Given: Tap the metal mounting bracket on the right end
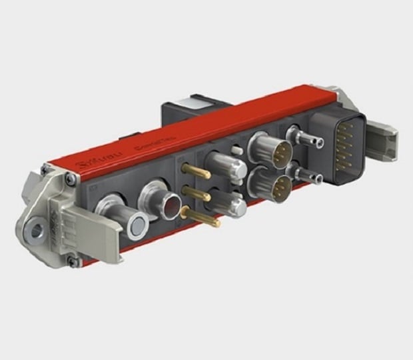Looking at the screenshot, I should pos(382,136).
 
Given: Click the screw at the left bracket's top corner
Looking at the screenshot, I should pos(45,168).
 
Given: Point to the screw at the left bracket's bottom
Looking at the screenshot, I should pos(72,262).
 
